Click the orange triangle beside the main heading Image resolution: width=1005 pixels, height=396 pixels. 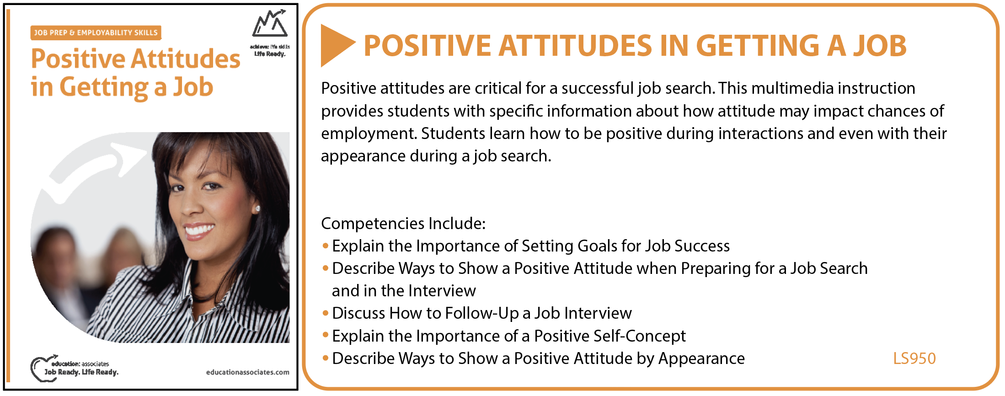[336, 45]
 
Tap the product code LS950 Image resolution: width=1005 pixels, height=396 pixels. [914, 359]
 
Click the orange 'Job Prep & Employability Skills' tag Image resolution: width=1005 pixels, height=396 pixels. [96, 32]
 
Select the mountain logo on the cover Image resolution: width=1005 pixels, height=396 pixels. [270, 24]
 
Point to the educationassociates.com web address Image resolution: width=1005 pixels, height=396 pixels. [247, 372]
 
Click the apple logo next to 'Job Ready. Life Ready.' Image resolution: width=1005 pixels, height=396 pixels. [40, 368]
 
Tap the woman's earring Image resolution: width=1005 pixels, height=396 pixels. [257, 209]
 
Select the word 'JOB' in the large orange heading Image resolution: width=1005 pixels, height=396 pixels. [879, 46]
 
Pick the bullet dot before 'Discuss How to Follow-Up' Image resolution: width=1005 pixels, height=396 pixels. [326, 313]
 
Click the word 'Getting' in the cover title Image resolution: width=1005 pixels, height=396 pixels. [104, 87]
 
